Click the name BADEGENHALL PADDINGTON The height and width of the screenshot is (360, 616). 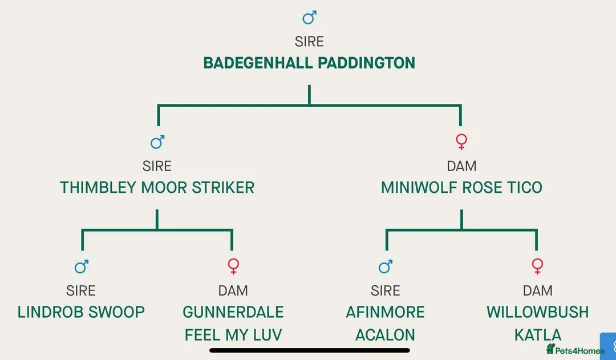tap(309, 63)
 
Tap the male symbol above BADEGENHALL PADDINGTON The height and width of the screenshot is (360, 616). tap(309, 18)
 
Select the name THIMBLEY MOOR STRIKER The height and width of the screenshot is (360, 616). tap(157, 187)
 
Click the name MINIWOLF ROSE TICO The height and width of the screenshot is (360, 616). tap(461, 187)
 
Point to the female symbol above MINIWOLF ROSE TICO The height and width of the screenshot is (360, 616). tap(461, 141)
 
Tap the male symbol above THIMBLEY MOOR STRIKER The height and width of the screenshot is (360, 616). tap(157, 141)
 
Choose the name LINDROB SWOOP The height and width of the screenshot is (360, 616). tap(81, 312)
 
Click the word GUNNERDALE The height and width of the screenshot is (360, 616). tap(233, 312)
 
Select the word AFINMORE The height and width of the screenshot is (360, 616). tap(385, 312)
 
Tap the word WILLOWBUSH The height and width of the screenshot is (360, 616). tap(537, 312)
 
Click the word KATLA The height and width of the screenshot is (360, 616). tap(537, 334)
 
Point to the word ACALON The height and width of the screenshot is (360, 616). tap(385, 334)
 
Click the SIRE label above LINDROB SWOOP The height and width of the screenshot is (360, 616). tap(81, 290)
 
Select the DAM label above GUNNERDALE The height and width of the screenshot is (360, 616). tap(233, 290)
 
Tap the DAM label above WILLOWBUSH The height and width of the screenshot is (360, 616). tap(537, 290)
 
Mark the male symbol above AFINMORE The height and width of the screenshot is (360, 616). tap(386, 266)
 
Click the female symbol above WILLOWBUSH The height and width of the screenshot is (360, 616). tap(537, 266)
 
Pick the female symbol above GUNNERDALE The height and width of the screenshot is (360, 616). tap(233, 266)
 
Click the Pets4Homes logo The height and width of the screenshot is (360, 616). tap(575, 349)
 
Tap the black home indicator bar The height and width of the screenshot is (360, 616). tap(310, 350)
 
